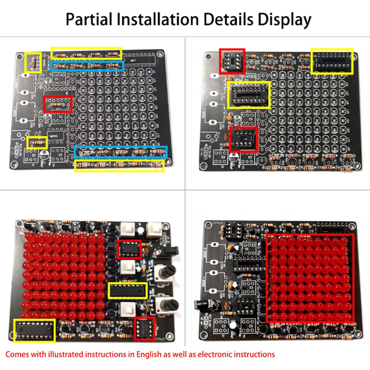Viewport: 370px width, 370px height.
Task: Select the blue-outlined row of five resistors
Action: coord(120,152)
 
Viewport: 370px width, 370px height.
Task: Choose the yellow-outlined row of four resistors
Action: coord(86,54)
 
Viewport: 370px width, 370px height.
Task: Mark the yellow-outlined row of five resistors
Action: coord(119,165)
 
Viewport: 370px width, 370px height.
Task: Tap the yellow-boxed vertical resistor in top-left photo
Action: coord(33,63)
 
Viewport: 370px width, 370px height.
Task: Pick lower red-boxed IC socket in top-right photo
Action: coord(244,139)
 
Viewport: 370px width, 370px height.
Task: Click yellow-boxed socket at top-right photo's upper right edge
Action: coord(332,61)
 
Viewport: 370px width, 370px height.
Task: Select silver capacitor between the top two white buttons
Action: coord(142,230)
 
